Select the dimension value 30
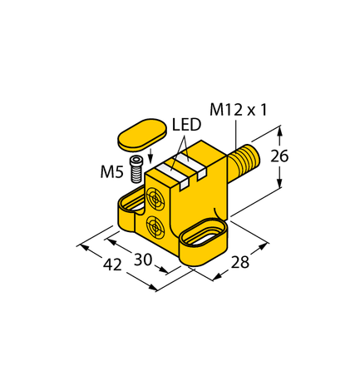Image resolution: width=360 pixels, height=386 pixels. tap(144, 260)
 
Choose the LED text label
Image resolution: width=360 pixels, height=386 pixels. tap(186, 126)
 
